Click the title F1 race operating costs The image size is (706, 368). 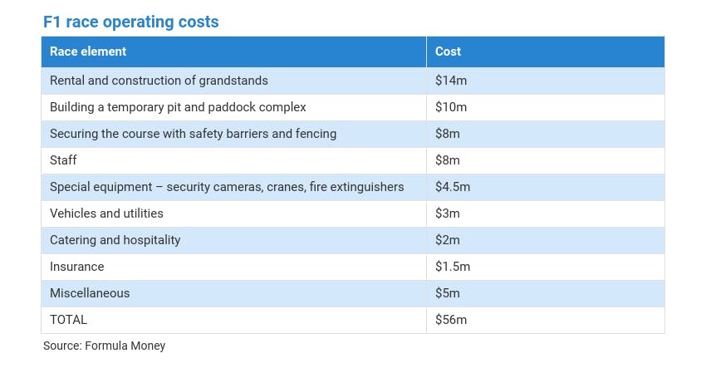pos(131,22)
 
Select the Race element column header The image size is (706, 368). pos(88,52)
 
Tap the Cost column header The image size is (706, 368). pos(448,52)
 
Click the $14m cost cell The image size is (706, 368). pos(452,81)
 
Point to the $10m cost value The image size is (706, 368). pos(452,107)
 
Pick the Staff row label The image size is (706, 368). pos(63,160)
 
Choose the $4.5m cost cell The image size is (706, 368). pos(453,187)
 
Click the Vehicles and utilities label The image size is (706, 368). pos(106,213)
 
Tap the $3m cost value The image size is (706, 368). pos(448,213)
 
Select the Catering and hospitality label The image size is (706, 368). pos(115,240)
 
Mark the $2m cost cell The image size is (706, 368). pos(448,240)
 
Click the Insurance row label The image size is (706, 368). pos(76,267)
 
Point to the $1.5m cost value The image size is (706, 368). pos(453,267)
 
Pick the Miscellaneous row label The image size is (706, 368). pos(90,293)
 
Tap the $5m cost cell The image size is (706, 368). pos(448,293)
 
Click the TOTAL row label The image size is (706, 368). pos(68,320)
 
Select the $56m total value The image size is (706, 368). pos(452,320)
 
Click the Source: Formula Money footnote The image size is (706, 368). pos(105,346)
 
